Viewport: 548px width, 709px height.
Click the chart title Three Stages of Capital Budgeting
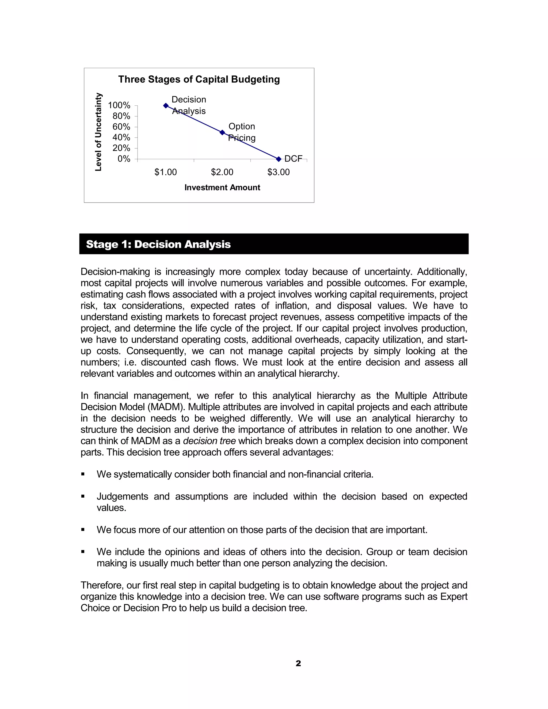coord(199,79)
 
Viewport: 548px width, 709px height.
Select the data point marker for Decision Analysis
coord(166,105)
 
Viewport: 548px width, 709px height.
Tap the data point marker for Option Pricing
coord(222,132)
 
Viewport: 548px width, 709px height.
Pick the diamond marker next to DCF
coord(279,159)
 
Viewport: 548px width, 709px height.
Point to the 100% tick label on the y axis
coord(119,105)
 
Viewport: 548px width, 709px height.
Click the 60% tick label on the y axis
coord(121,127)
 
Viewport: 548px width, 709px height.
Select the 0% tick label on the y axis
coord(124,159)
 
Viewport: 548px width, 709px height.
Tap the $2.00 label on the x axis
coord(222,172)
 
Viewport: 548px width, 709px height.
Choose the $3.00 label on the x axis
coord(279,172)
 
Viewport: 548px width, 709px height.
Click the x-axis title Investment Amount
coord(222,188)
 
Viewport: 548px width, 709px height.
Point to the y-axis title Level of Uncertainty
coord(98,132)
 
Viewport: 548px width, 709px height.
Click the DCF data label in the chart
coord(293,159)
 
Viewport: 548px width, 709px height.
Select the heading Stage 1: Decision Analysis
coord(158,244)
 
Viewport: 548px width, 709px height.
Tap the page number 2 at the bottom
coord(298,663)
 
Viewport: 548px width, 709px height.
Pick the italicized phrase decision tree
coord(210,441)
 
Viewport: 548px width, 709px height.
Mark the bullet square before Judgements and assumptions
coord(83,497)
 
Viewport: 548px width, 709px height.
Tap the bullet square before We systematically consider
coord(83,475)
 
